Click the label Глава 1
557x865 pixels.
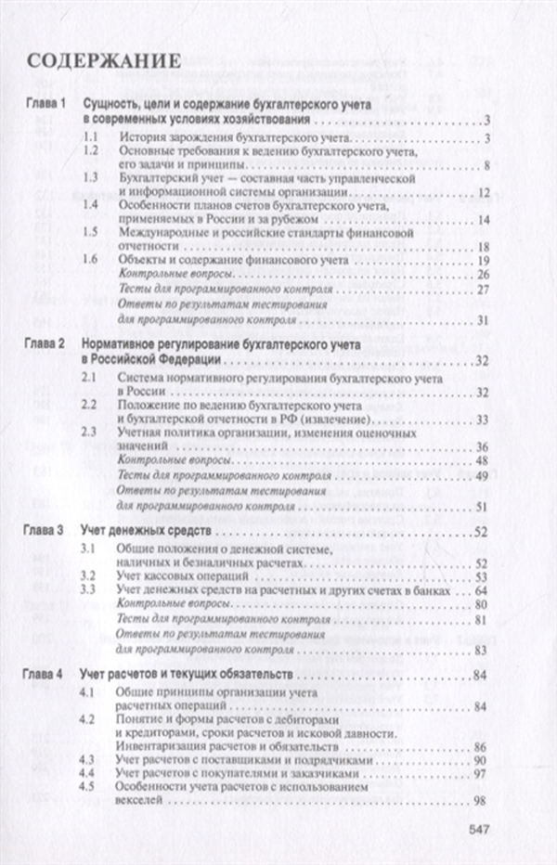[x=45, y=105]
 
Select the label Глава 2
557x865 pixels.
[x=45, y=343]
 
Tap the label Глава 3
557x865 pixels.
[x=45, y=534]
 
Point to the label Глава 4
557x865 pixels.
[x=45, y=672]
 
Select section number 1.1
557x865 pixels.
[x=90, y=139]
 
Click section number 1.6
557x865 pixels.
[x=90, y=261]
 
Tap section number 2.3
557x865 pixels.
[x=90, y=432]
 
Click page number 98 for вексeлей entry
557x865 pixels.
[x=481, y=801]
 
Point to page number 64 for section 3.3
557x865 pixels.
[x=481, y=591]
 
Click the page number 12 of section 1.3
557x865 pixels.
[x=483, y=193]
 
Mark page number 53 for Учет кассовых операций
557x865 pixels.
[x=481, y=576]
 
